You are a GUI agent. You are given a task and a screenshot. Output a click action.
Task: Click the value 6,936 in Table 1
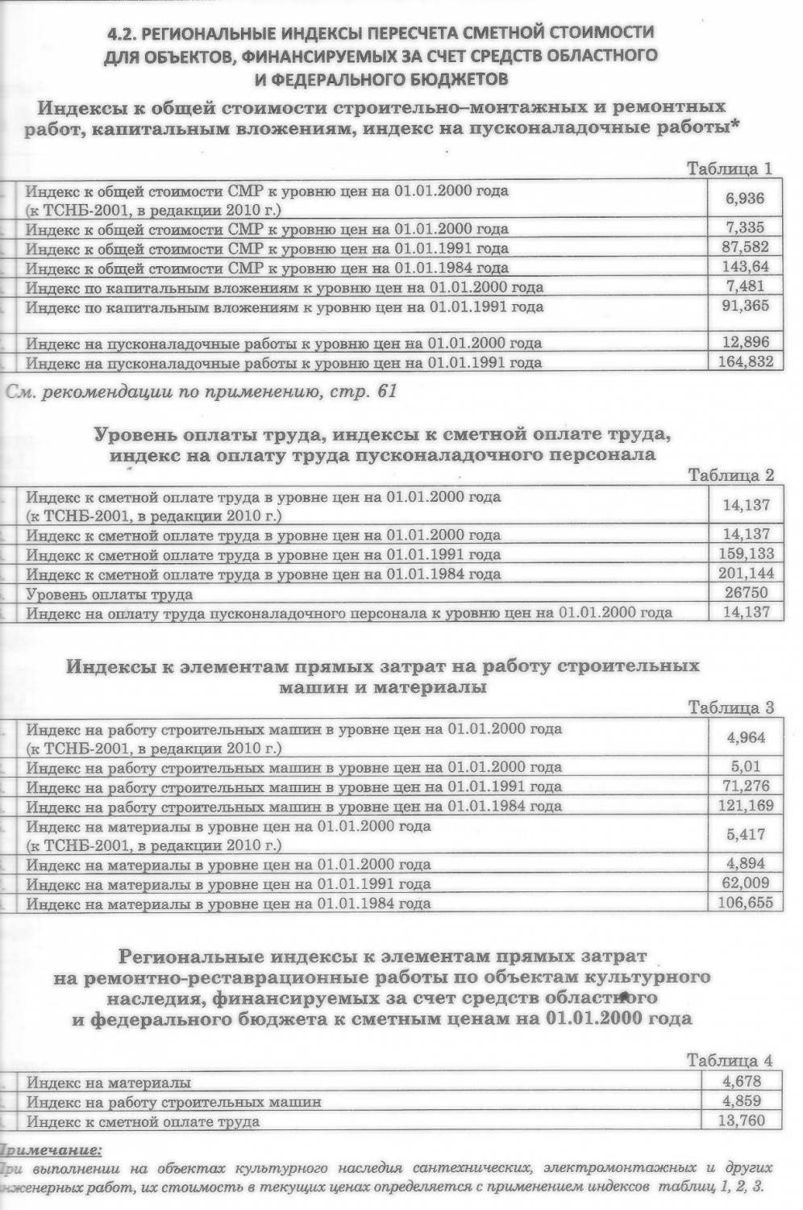point(744,198)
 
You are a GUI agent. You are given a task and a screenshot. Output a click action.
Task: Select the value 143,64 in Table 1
point(744,267)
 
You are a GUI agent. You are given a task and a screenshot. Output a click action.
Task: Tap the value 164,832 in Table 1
point(746,362)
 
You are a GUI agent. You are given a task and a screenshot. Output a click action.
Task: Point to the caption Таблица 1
point(729,169)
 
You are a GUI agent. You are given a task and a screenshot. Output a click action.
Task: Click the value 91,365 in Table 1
point(744,306)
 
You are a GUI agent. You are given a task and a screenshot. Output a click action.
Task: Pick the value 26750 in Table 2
point(746,593)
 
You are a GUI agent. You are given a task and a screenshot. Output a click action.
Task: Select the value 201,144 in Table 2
point(746,573)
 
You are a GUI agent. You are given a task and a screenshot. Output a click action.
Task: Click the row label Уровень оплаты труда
point(110,595)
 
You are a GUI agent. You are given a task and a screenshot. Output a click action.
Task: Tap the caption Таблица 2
point(730,475)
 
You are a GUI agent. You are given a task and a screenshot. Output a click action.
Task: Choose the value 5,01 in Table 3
point(745,766)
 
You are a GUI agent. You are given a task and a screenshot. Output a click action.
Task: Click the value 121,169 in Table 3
point(746,805)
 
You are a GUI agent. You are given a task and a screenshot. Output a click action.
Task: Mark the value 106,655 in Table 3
point(746,903)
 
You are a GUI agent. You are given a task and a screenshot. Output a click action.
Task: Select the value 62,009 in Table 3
point(746,882)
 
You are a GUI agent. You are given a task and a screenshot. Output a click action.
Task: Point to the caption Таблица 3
point(730,707)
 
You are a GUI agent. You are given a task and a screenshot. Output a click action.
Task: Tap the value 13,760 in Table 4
point(745,1120)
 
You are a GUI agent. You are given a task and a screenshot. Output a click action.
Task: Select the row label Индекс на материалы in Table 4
point(109,1083)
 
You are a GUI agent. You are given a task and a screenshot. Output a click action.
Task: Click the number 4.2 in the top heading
point(122,33)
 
